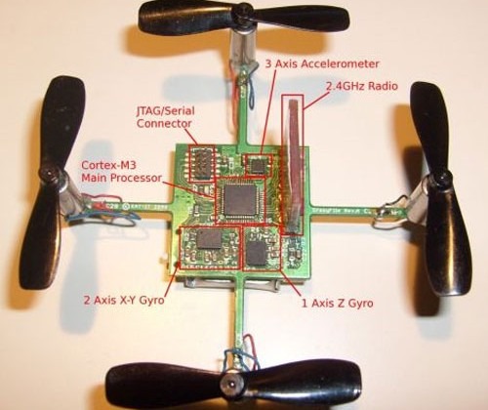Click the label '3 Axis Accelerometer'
pos(322,63)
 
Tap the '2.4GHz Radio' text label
pos(362,86)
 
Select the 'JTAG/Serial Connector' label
pos(165,117)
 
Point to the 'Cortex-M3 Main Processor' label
pos(121,172)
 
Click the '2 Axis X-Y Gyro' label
pos(124,300)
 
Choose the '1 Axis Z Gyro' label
pos(338,304)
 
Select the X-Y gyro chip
pos(209,239)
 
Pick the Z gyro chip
pos(257,253)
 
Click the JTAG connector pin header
pos(202,163)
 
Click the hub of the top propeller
pos(242,10)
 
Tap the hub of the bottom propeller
pos(231,385)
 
